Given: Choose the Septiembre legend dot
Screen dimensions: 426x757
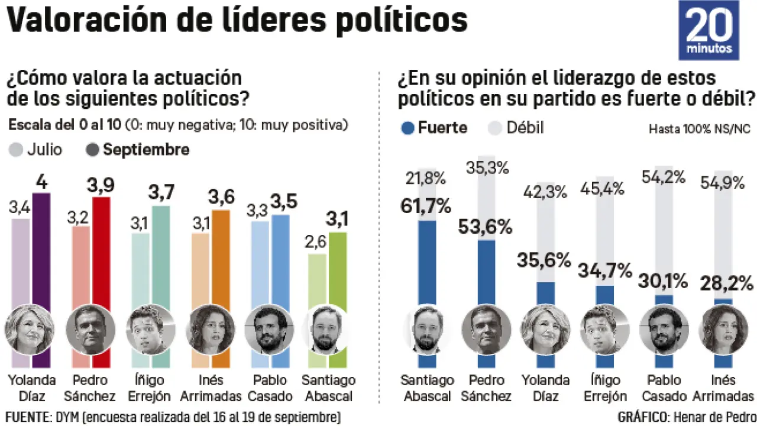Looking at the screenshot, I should tap(94, 150).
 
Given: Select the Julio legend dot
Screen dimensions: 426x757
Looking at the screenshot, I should tap(17, 150).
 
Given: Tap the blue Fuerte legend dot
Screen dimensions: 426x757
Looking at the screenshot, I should tap(407, 128).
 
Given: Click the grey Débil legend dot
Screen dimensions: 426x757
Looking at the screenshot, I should tap(496, 128).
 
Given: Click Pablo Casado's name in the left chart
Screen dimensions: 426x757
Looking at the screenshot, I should tap(270, 388).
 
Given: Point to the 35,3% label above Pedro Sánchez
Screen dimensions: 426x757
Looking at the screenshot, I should tap(487, 169).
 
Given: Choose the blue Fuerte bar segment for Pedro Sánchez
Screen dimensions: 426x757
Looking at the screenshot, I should tap(487, 272).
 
